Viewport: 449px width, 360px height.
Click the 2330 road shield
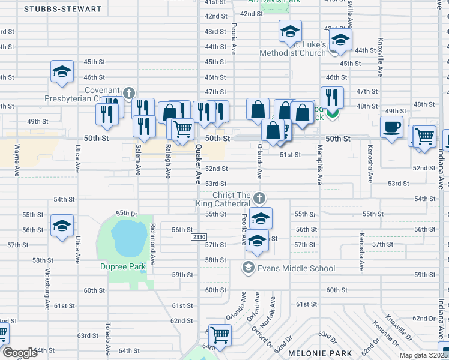click(x=199, y=238)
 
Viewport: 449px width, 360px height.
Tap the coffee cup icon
click(x=391, y=127)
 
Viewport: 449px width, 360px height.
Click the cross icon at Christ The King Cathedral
click(x=259, y=197)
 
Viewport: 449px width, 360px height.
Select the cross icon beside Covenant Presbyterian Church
click(x=128, y=92)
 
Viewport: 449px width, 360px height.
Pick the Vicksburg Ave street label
click(x=47, y=288)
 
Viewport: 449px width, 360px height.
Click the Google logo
click(x=19, y=353)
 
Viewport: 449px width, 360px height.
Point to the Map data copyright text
click(x=424, y=355)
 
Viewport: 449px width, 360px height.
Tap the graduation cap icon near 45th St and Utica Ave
click(x=62, y=72)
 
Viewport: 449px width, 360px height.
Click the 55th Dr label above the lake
click(x=127, y=213)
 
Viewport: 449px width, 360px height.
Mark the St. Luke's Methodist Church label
click(x=292, y=49)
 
